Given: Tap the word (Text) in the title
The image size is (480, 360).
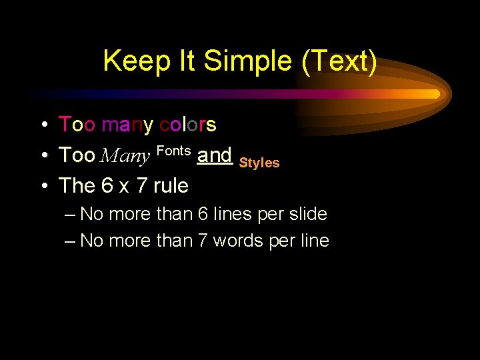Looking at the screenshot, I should (x=339, y=62).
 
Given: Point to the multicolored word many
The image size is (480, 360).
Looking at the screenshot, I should (x=127, y=125).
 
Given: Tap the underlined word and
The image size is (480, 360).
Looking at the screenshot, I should (x=215, y=155).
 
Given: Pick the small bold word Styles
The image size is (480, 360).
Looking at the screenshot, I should (x=259, y=163).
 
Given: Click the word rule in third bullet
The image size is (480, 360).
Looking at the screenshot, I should (x=171, y=185).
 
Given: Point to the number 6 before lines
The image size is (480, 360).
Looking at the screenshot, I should (x=203, y=215).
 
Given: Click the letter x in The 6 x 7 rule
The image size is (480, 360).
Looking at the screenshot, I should (x=124, y=187).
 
